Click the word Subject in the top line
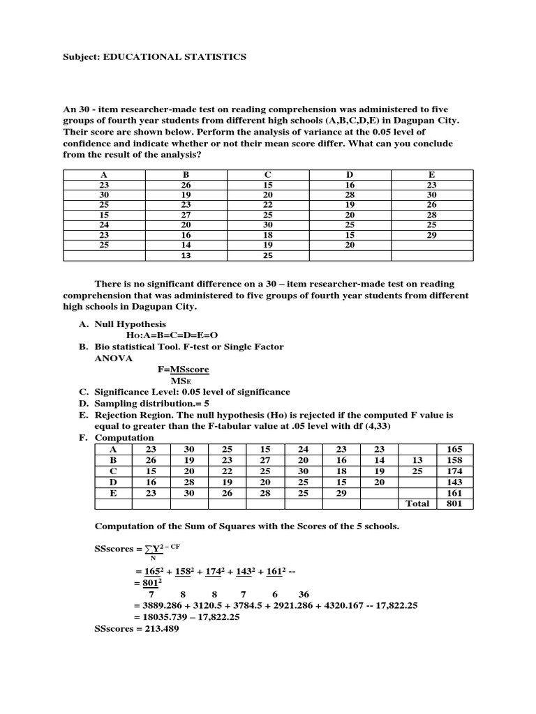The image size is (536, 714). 80,57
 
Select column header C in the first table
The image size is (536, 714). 268,175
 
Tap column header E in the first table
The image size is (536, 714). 431,175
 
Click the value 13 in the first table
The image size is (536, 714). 186,255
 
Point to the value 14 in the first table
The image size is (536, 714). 186,245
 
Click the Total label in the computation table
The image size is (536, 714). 417,503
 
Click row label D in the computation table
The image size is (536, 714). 113,482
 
